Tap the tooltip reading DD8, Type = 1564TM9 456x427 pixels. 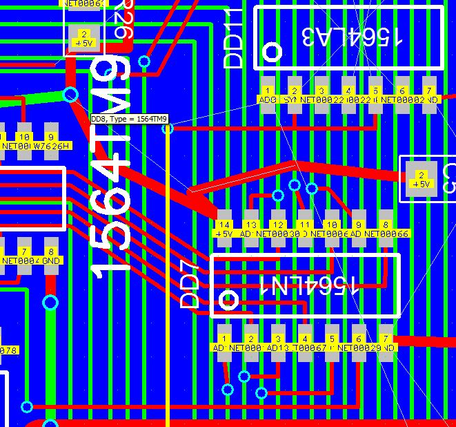[x=130, y=119]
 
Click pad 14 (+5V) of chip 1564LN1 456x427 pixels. [x=224, y=229]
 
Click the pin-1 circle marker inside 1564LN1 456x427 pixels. [x=228, y=300]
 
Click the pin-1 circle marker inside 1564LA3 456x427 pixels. [x=273, y=51]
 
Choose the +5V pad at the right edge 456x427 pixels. [x=419, y=179]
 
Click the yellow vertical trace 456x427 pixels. [x=168, y=276]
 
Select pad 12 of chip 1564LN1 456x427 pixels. [x=278, y=229]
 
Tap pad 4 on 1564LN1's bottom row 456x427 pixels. [x=305, y=343]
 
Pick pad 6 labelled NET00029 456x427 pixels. [x=359, y=343]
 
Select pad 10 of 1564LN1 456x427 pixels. [x=332, y=229]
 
